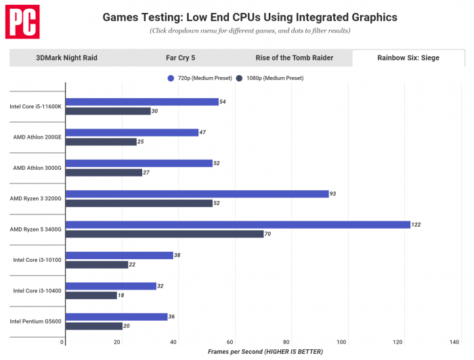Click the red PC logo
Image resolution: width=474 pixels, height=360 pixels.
pos(22,22)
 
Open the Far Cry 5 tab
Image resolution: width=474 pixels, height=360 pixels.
pos(180,58)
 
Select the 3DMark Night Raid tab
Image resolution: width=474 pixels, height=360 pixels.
pos(66,58)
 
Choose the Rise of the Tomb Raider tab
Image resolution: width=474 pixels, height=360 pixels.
pos(294,58)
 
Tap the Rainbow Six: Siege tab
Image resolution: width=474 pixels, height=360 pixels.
pos(408,58)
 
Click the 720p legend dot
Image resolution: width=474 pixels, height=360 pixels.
pos(171,78)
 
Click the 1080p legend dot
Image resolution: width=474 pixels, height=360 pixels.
pos(240,78)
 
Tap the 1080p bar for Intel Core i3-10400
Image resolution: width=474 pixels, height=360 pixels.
pos(91,295)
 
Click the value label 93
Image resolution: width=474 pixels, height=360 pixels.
pos(333,194)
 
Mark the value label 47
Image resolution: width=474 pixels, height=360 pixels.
pos(203,133)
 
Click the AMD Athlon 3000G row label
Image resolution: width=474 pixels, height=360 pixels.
pos(37,168)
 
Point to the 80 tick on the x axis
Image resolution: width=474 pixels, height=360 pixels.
pos(289,342)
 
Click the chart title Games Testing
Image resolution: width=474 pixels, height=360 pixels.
pos(250,16)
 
